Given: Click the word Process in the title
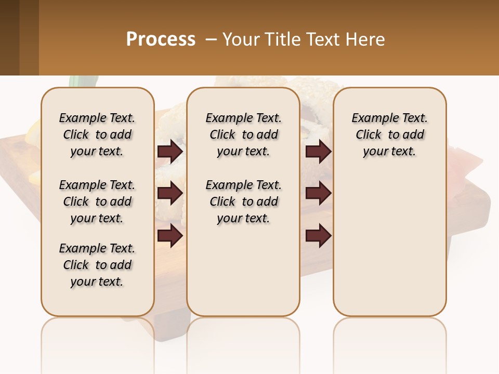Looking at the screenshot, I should (161, 39).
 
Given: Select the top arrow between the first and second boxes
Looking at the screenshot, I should (170, 152).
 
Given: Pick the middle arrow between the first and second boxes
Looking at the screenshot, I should (170, 193).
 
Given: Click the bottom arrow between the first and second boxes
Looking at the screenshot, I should (170, 235).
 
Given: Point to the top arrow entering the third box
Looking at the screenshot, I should (319, 152).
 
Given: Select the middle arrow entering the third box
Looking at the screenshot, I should (319, 193).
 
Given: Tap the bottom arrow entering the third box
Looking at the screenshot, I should (319, 235).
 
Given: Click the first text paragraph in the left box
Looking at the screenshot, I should (97, 135).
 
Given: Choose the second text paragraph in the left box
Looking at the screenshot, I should (97, 202).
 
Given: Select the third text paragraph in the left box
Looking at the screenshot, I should (97, 265).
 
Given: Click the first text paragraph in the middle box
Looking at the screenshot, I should (243, 135).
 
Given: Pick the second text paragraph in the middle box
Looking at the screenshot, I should (243, 202).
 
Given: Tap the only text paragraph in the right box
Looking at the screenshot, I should (389, 135).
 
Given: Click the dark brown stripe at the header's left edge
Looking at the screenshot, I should (9, 37).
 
